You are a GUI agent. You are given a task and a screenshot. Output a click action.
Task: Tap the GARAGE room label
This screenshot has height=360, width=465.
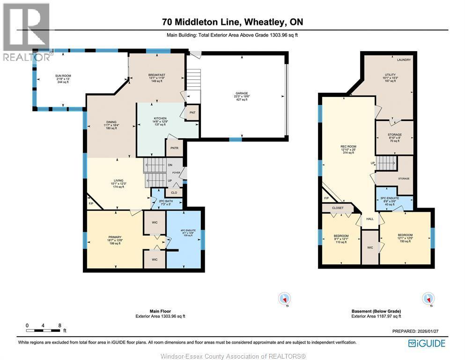click(x=242, y=96)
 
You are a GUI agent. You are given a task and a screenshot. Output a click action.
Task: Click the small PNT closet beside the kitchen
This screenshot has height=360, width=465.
click(x=192, y=113)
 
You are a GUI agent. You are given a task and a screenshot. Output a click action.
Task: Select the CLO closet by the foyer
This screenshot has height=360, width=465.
click(x=174, y=192)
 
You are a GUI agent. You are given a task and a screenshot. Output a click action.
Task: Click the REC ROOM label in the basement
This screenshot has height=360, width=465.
click(x=348, y=150)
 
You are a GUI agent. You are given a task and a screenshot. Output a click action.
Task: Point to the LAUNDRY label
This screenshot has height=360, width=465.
click(x=403, y=60)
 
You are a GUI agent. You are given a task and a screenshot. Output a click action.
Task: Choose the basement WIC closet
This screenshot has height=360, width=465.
click(x=369, y=247)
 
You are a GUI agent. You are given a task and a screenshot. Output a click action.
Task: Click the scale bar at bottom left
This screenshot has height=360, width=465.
click(x=43, y=330)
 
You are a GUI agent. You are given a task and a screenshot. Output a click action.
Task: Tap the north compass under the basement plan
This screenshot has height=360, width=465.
click(x=427, y=299)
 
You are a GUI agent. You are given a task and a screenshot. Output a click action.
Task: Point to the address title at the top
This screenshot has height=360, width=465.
click(x=232, y=22)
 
